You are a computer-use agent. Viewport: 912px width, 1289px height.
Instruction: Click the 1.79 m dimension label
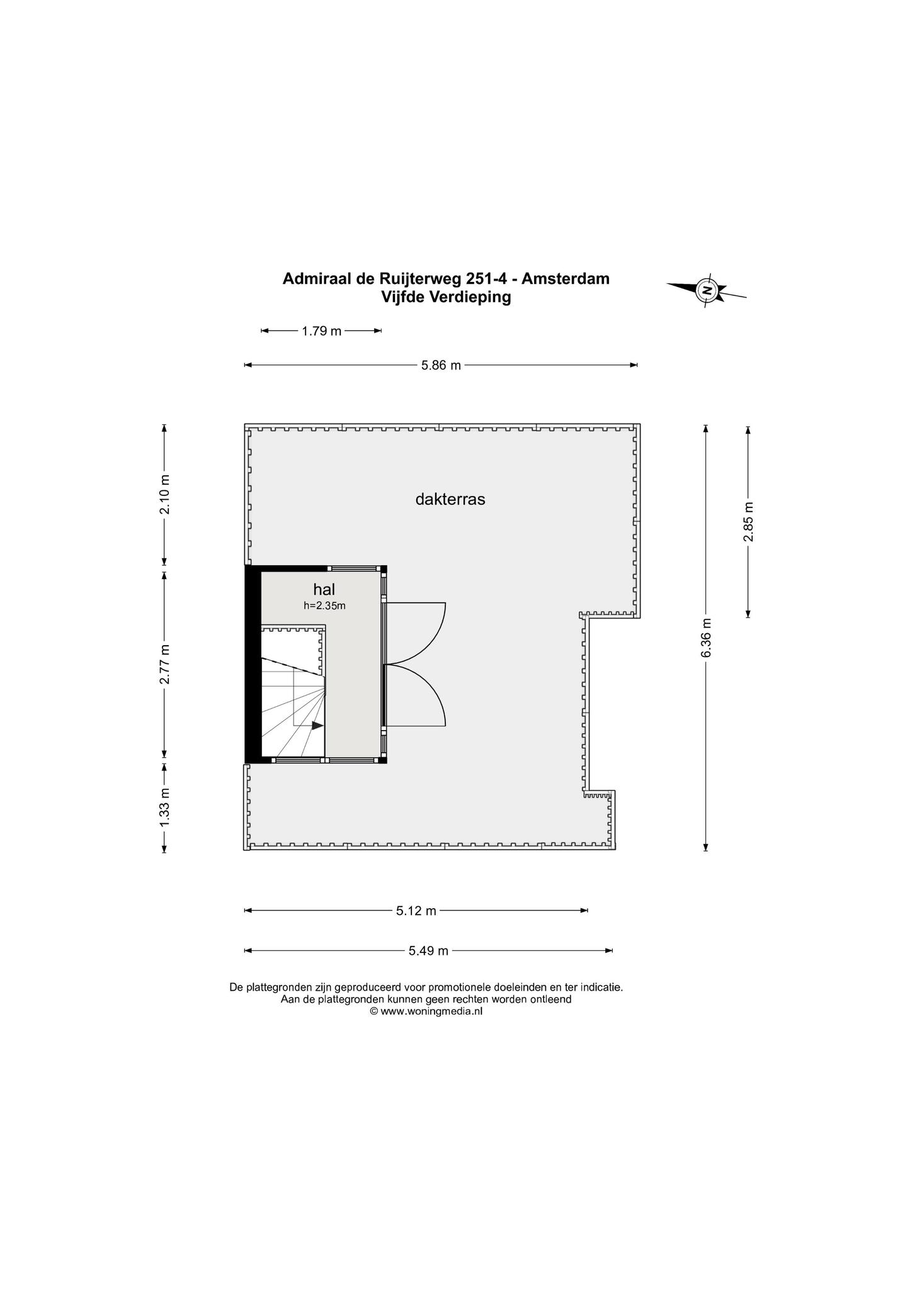point(321,331)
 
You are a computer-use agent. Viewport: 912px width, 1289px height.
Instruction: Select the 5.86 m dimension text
point(441,365)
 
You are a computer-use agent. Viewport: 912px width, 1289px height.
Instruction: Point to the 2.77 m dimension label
point(165,664)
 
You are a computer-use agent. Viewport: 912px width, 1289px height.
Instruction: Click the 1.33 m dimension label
point(165,808)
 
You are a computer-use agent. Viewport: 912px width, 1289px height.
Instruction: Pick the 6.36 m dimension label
point(706,638)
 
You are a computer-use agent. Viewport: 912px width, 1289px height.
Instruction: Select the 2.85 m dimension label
point(748,522)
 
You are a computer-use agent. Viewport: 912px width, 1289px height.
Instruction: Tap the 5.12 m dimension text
point(416,911)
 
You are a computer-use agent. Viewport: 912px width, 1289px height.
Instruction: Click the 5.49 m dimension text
point(428,951)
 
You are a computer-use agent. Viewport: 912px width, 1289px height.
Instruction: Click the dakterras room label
point(450,500)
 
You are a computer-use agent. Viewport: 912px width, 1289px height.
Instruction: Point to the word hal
point(324,590)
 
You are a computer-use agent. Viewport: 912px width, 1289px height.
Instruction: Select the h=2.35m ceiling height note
point(325,606)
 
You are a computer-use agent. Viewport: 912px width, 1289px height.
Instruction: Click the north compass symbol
point(707,291)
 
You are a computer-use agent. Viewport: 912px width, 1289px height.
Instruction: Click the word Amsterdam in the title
point(566,278)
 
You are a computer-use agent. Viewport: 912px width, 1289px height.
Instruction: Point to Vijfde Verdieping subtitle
point(446,298)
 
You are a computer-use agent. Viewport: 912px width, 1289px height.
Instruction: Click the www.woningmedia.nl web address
point(431,1011)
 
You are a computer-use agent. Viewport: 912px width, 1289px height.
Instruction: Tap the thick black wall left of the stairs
point(253,665)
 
